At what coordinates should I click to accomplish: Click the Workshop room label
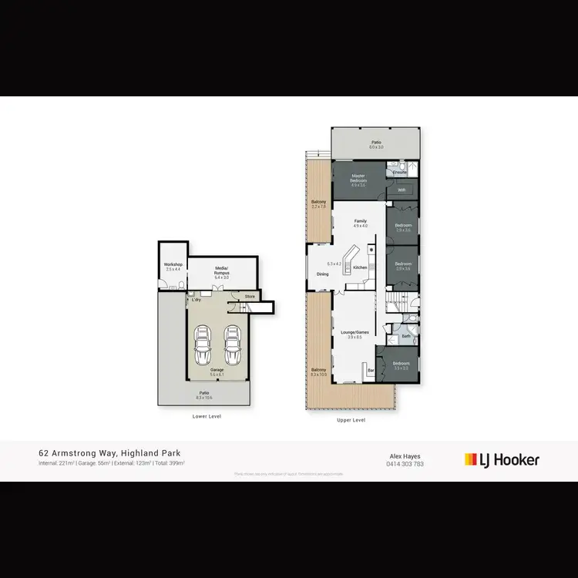[x=173, y=265]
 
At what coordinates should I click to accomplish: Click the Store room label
[x=250, y=296]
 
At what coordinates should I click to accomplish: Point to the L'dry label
[x=197, y=300]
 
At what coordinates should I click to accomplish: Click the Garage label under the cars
[x=217, y=370]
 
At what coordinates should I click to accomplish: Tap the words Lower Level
[x=207, y=416]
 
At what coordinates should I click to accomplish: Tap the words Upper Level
[x=351, y=420]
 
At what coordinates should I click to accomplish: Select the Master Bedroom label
[x=358, y=178]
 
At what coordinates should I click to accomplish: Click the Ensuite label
[x=399, y=173]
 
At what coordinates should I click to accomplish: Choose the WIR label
[x=402, y=189]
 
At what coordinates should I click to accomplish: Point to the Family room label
[x=361, y=220]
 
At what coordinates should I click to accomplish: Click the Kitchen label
[x=361, y=267]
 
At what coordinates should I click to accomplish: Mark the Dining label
[x=323, y=274]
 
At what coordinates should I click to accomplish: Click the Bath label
[x=406, y=336]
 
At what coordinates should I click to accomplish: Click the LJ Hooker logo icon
[x=470, y=460]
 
